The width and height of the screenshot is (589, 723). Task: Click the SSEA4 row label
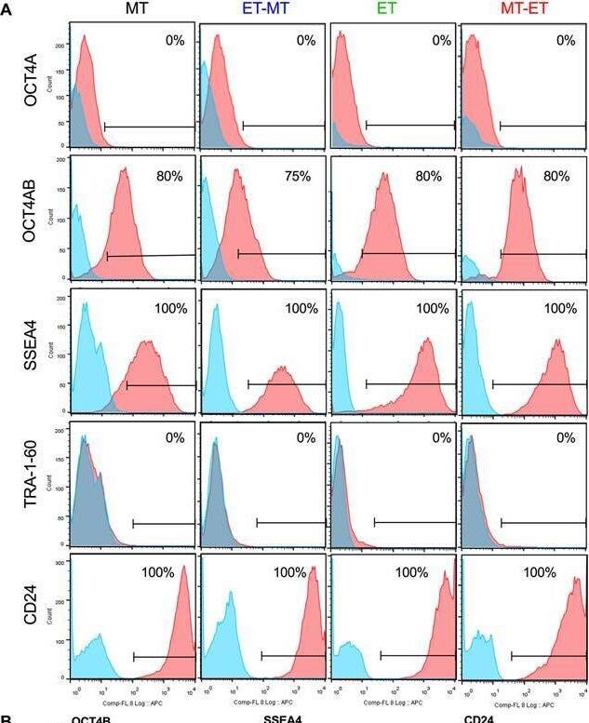(x=34, y=351)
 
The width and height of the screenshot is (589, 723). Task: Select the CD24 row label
(x=34, y=618)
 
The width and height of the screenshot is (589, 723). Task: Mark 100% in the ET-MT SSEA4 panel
(x=301, y=308)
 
